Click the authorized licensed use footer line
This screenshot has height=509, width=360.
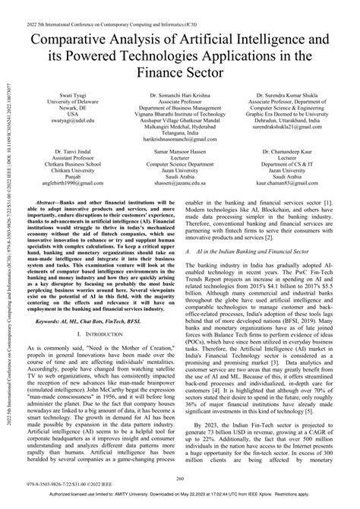point(180,501)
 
